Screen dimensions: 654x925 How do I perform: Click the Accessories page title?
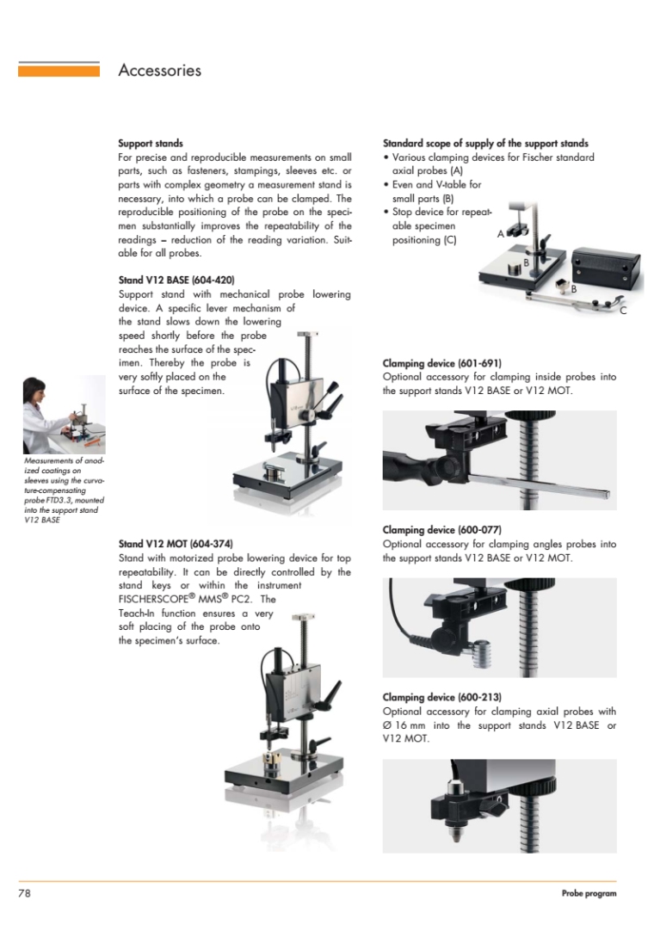[159, 71]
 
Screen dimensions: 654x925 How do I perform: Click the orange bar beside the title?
[59, 71]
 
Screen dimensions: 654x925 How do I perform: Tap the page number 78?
[24, 893]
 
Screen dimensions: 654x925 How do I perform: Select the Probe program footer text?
[589, 893]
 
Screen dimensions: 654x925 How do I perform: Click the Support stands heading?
[151, 144]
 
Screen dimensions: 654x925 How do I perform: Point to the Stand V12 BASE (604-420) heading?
[176, 281]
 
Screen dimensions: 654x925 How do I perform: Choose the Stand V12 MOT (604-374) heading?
[176, 544]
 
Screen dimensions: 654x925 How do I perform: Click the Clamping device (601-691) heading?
[441, 363]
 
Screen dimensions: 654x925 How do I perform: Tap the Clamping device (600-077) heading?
[441, 530]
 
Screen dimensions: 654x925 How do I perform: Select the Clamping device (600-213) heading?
[441, 697]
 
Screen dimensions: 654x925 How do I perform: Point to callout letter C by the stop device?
[623, 311]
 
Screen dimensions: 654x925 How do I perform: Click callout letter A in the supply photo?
[500, 234]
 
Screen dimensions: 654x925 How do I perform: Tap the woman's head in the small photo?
[33, 389]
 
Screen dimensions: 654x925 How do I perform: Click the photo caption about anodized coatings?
[64, 490]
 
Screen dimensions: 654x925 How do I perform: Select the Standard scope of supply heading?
[485, 144]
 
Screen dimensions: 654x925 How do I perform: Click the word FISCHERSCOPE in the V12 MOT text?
[153, 600]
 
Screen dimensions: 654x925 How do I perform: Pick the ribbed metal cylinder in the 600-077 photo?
[482, 654]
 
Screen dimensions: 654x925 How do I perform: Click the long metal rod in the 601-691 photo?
[538, 483]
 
